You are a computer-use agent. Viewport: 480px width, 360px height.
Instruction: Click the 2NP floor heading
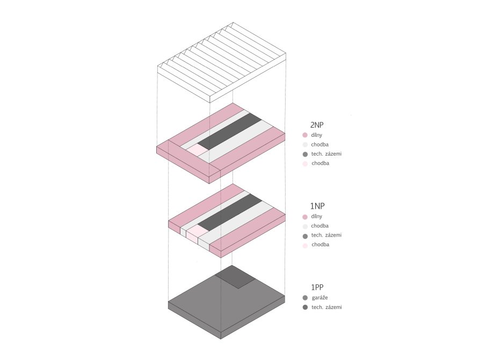317,125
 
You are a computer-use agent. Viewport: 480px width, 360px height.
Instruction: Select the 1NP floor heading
317,206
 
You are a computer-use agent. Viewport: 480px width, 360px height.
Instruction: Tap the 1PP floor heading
317,287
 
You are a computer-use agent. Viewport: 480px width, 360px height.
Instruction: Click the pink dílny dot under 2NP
305,135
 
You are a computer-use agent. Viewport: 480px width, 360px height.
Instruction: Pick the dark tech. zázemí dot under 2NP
305,154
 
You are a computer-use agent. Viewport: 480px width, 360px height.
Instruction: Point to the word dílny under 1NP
317,216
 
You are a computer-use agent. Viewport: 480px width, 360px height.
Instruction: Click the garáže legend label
319,298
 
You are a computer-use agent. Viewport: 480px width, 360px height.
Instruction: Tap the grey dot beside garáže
305,298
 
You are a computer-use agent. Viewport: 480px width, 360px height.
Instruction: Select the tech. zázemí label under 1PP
326,307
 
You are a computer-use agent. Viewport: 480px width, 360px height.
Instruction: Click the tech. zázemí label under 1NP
326,235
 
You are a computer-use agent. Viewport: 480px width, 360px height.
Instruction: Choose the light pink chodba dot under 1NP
305,245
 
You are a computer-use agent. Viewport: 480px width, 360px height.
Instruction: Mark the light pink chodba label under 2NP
320,163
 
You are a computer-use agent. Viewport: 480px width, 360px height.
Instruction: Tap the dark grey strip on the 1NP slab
230,212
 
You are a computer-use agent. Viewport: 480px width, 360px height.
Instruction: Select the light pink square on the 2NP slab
198,150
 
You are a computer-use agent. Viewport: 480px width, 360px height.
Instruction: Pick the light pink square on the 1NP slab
198,232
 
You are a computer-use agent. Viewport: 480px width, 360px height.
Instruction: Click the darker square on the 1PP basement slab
235,277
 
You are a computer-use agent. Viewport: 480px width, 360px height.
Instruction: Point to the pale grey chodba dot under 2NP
305,145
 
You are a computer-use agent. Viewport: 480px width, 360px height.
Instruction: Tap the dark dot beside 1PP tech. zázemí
305,307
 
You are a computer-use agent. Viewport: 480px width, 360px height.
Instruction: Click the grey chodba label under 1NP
319,226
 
